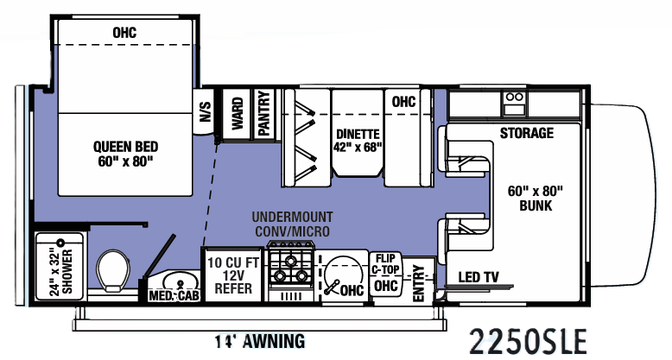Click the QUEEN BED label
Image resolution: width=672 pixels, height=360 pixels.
[x=125, y=153]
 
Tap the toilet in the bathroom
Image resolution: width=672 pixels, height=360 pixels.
[x=113, y=273]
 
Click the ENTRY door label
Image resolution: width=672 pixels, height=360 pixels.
[x=420, y=282]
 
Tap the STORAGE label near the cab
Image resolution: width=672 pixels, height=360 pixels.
[x=526, y=133]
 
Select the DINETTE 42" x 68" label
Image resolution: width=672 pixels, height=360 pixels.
[x=358, y=140]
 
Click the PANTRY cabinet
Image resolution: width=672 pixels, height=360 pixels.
[x=263, y=113]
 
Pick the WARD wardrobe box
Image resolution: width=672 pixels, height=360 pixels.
[x=237, y=113]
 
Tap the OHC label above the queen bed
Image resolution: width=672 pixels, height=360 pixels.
[x=124, y=33]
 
